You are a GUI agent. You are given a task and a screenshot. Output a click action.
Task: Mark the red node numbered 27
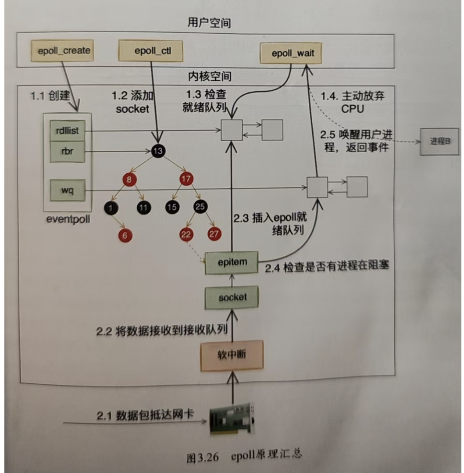click(x=214, y=233)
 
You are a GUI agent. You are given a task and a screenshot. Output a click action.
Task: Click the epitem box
click(x=232, y=262)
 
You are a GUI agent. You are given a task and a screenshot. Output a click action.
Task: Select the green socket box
click(x=232, y=297)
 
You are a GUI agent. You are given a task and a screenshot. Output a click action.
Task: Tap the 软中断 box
click(x=232, y=355)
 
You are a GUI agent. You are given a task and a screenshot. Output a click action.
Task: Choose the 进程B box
click(x=439, y=142)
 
